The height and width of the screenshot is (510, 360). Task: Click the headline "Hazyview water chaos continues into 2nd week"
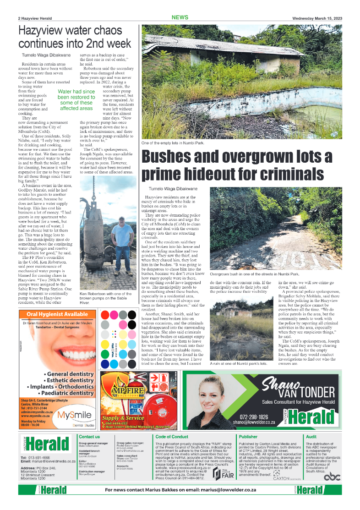pos(75,37)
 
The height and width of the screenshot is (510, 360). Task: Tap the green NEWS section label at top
pos(180,17)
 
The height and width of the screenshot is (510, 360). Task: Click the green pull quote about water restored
pos(76,100)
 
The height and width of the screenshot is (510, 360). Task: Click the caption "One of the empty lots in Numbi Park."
pos(173,143)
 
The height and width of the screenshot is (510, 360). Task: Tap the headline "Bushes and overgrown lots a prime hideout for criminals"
pos(237,165)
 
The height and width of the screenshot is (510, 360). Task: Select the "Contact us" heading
pos(89,437)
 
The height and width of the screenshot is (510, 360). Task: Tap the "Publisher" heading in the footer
pos(248,437)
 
